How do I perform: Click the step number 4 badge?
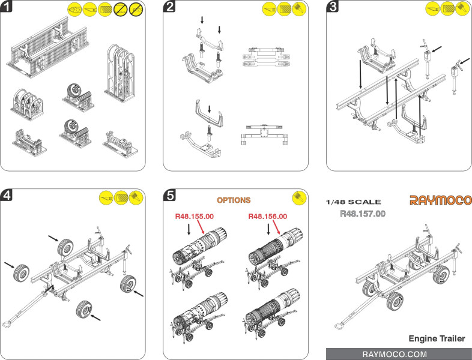click(x=8, y=196)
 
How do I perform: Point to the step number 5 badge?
click(x=171, y=196)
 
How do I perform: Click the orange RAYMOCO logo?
click(x=440, y=200)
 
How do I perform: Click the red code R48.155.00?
click(x=195, y=217)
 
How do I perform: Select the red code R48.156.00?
click(x=267, y=217)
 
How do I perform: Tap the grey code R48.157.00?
click(x=362, y=213)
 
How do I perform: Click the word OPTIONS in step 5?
click(x=234, y=200)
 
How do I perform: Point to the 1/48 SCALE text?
click(x=352, y=202)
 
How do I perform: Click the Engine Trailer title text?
click(x=437, y=339)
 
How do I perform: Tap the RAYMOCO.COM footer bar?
click(x=398, y=354)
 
